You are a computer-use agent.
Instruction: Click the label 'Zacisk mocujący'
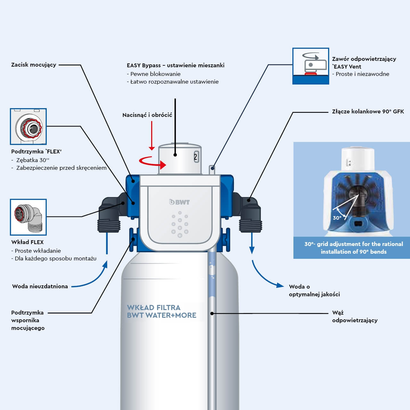[34, 65]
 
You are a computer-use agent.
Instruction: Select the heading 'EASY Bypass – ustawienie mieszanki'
[176, 65]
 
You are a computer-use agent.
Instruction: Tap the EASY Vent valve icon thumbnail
[310, 66]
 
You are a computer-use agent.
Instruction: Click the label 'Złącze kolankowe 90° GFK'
[368, 111]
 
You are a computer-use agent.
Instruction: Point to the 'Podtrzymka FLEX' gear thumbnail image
[28, 126]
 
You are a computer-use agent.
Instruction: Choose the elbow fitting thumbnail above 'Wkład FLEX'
[28, 217]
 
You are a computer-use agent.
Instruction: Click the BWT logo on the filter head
[179, 202]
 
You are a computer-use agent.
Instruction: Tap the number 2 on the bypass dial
[196, 157]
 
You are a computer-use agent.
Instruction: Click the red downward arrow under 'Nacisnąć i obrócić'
[152, 136]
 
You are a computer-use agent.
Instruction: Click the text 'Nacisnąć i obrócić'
[147, 115]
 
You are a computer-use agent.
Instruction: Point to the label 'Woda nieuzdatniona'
[40, 286]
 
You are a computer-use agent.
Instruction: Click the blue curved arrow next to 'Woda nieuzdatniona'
[93, 279]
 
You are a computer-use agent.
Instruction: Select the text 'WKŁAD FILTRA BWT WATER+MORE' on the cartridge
[161, 311]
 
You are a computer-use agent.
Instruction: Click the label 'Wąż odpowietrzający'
[355, 316]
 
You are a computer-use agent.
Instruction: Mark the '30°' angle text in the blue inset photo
[337, 218]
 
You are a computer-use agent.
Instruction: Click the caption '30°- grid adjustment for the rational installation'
[353, 248]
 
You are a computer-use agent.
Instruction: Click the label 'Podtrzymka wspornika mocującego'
[28, 320]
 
